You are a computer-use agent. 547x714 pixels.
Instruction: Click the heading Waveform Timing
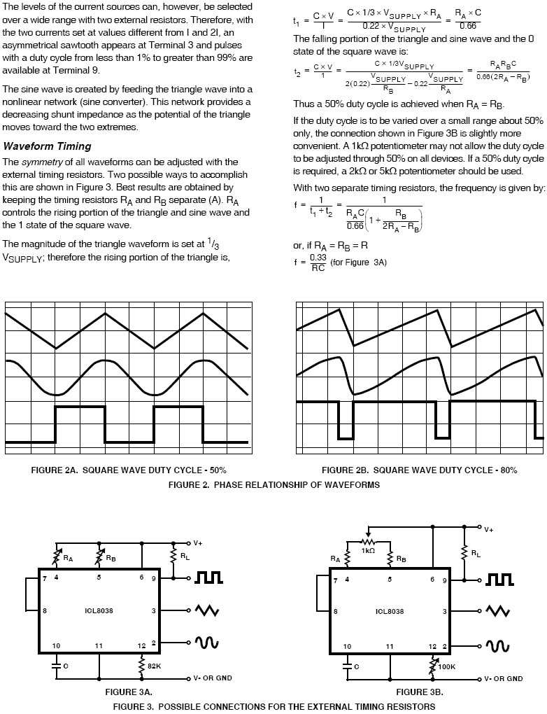pos(47,146)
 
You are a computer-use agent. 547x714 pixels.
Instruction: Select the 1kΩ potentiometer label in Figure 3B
pos(369,551)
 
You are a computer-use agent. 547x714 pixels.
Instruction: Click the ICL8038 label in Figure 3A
pos(99,610)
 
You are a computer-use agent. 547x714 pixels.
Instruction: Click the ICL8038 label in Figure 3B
pos(390,610)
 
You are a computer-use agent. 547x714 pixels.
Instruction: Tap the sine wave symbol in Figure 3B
pos(499,643)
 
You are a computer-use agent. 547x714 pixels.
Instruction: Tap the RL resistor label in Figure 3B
pos(476,554)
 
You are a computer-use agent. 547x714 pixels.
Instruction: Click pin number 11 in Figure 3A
pos(99,645)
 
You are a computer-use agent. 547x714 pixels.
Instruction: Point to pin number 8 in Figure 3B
pos(336,611)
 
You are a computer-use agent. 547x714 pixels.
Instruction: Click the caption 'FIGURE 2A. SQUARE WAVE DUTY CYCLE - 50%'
pos(129,470)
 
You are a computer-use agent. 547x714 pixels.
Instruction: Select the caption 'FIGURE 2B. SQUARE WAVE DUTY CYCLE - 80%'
pos(419,470)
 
